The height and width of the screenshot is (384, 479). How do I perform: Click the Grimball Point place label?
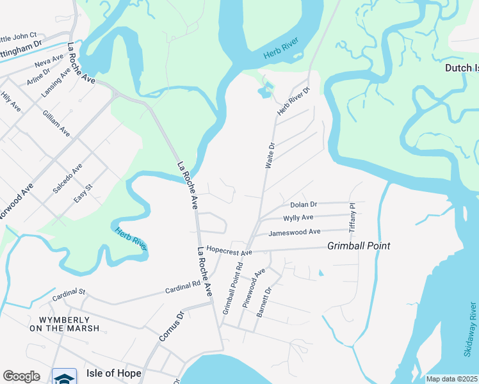[359, 246]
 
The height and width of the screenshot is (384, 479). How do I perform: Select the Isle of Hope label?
[113, 372]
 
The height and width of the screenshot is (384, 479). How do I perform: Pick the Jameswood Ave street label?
[295, 232]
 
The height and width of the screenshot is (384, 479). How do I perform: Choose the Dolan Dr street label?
[304, 205]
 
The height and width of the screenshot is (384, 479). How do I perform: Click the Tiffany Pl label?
[352, 217]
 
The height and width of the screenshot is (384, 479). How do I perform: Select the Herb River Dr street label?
[293, 101]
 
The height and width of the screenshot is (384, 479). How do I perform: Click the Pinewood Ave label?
[254, 289]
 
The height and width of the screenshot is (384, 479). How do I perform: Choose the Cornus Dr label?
[171, 325]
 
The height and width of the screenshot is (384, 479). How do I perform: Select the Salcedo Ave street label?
[68, 179]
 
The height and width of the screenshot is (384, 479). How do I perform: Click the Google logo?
[21, 376]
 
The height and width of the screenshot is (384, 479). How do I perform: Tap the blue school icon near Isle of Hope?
[64, 378]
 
